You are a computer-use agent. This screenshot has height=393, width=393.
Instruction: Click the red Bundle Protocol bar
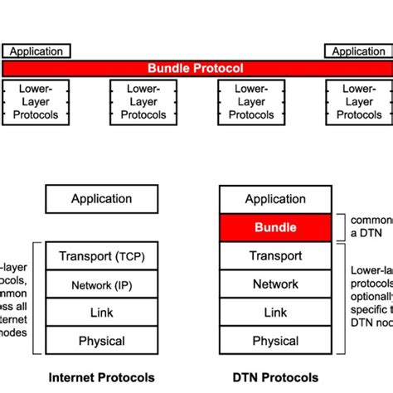coord(196,69)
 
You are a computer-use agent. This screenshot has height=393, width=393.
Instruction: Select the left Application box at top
coord(36,51)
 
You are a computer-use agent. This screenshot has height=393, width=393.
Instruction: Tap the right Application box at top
coord(358,51)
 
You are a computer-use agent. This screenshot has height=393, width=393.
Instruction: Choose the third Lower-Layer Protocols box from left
coord(250,102)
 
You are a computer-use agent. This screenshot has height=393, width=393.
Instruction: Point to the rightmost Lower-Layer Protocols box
coord(358,102)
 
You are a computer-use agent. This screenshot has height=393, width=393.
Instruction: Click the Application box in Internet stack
coord(101,199)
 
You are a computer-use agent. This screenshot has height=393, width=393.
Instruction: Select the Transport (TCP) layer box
coord(101,256)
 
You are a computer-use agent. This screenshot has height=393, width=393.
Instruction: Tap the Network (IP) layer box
coord(101,285)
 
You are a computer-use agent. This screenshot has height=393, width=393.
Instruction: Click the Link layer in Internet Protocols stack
coord(101,313)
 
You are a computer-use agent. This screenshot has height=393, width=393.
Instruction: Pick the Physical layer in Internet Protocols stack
coord(101,341)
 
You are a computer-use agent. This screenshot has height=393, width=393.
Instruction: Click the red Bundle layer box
coord(275,227)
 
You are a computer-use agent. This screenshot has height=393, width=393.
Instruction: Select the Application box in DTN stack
coord(275,199)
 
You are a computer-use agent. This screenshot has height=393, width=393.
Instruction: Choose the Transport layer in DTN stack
coord(275,256)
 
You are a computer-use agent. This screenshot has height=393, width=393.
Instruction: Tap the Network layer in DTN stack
coord(275,284)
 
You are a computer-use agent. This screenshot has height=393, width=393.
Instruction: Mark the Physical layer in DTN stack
coord(275,341)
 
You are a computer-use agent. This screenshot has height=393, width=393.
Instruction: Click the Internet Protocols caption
coord(101,377)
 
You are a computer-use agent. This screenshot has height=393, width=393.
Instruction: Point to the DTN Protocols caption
coord(276,377)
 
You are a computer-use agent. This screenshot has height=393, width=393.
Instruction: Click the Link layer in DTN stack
coord(275,313)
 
